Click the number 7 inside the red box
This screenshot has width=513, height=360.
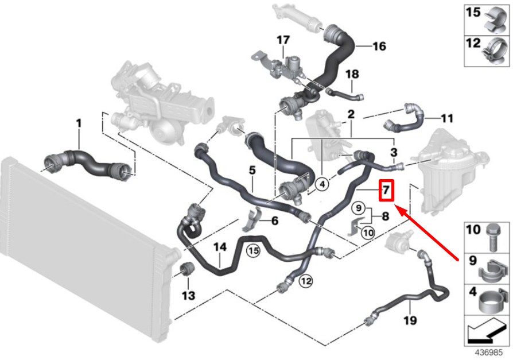tap(386, 190)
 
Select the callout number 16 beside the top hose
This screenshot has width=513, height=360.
tap(379, 46)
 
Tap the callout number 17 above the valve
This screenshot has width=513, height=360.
tap(283, 40)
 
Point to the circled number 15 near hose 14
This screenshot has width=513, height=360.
tap(253, 251)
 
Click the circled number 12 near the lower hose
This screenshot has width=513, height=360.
tap(306, 281)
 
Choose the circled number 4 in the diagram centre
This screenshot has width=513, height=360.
tap(322, 184)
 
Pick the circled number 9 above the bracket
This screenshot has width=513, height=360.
tap(359, 208)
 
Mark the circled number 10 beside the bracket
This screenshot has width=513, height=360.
tap(368, 233)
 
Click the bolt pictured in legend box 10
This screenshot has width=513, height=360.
tap(493, 237)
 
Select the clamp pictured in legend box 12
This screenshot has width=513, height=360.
tap(496, 51)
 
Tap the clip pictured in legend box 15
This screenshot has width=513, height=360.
tap(496, 20)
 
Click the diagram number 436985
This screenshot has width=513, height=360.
tap(488, 353)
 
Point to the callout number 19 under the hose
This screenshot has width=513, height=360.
tap(410, 320)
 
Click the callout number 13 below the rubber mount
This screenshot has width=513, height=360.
tap(188, 296)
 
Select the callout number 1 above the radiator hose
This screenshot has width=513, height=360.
tap(79, 123)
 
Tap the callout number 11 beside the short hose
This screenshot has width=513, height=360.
tap(447, 118)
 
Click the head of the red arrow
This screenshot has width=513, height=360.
tap(395, 206)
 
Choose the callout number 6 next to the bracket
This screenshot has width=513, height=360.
tap(275, 221)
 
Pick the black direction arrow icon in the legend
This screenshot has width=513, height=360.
tap(487, 331)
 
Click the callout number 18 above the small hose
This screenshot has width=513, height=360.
tap(352, 74)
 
